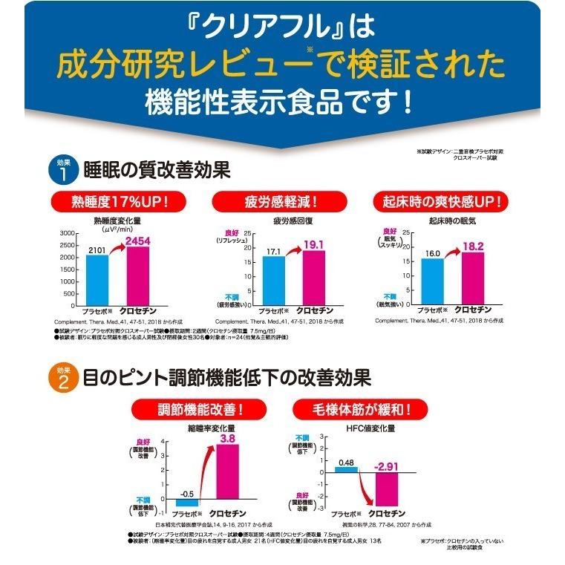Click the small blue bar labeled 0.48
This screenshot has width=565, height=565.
pos(345,469)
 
